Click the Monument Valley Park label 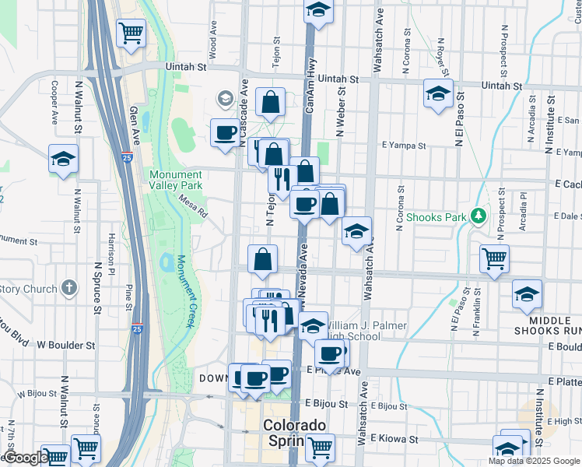pos(176,181)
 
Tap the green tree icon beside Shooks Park pos(480,216)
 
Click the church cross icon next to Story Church pos(69,288)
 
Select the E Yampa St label pos(404,145)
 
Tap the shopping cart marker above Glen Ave pos(131,33)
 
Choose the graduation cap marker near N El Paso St pos(438,93)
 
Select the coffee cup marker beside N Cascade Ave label pos(225,132)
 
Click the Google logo pos(26,458)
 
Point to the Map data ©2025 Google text pos(534,461)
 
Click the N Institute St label pos(550,125)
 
